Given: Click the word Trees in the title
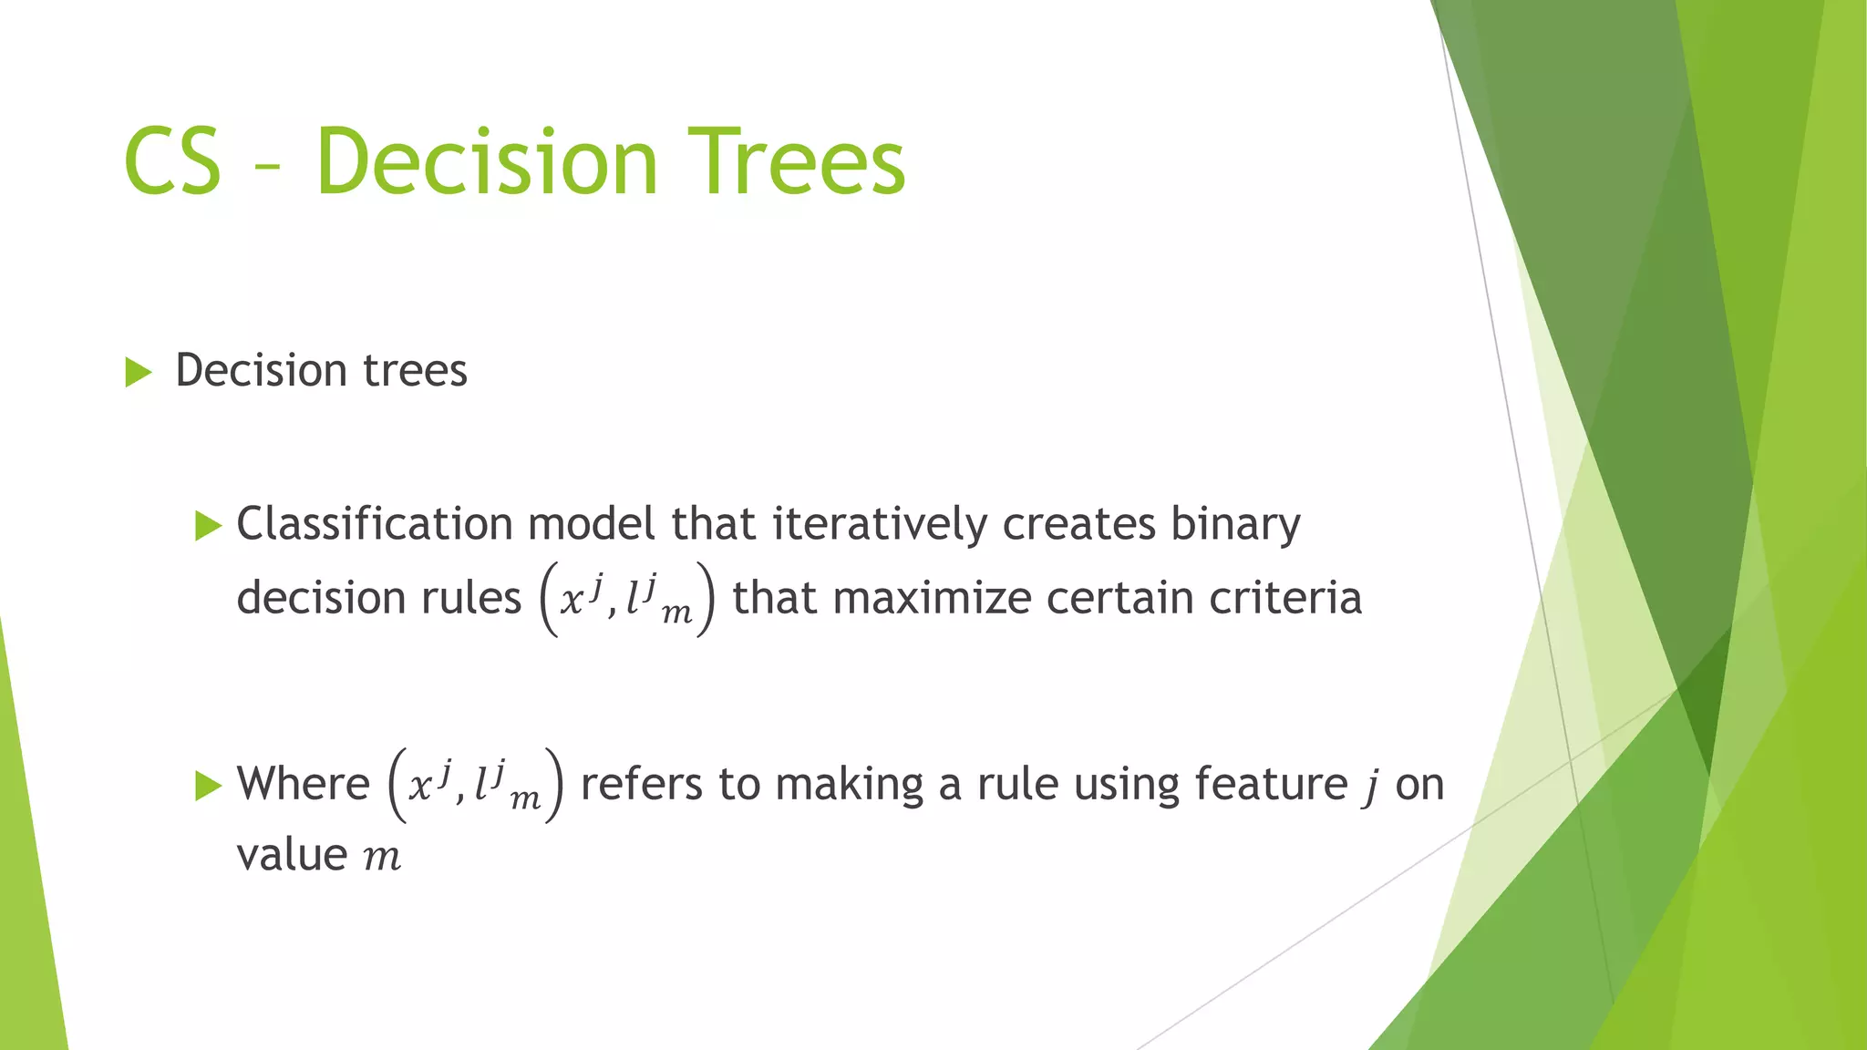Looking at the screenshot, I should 795,162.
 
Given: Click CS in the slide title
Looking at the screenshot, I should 172,162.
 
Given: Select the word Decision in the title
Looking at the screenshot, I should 486,162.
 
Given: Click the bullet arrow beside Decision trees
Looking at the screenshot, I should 138,372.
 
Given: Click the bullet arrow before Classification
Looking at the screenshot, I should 209,526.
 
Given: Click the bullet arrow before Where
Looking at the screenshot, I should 209,785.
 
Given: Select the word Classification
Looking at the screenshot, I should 374,524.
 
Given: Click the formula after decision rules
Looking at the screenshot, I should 627,599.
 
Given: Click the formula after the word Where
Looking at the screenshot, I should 475,785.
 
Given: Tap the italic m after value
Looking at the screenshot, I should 382,858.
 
